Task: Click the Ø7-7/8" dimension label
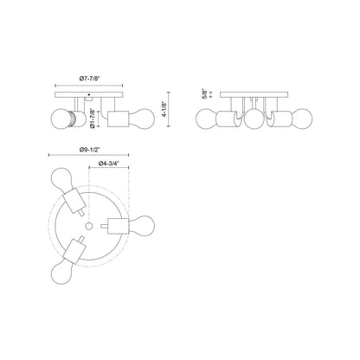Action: tap(89, 78)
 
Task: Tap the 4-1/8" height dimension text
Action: tap(164, 109)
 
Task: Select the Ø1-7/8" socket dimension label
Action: tap(93, 119)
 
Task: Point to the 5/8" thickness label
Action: tap(205, 93)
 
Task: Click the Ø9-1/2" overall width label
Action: tap(89, 150)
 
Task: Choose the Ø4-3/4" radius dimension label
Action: tap(109, 164)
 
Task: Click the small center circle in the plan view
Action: tap(89, 226)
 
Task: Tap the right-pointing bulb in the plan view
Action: tap(142, 226)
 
